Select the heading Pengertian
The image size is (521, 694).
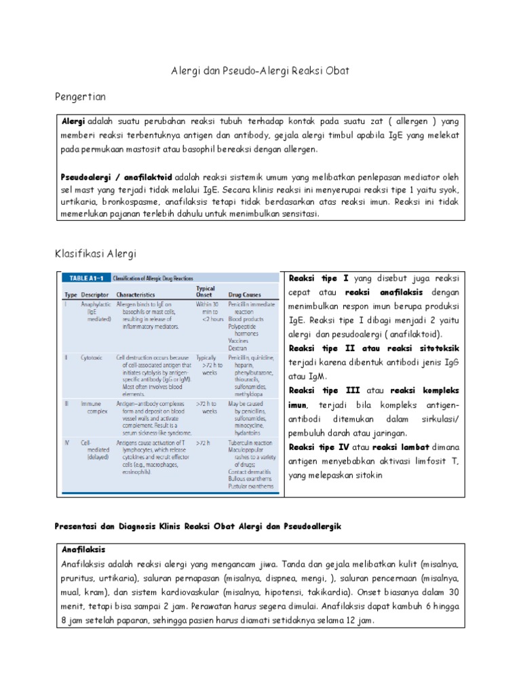(x=81, y=97)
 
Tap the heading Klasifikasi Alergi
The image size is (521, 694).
(x=95, y=253)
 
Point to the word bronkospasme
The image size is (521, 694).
(x=130, y=202)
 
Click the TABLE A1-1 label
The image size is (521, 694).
(x=82, y=278)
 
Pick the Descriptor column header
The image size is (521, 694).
(x=94, y=295)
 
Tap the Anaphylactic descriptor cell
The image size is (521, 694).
(x=96, y=306)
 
